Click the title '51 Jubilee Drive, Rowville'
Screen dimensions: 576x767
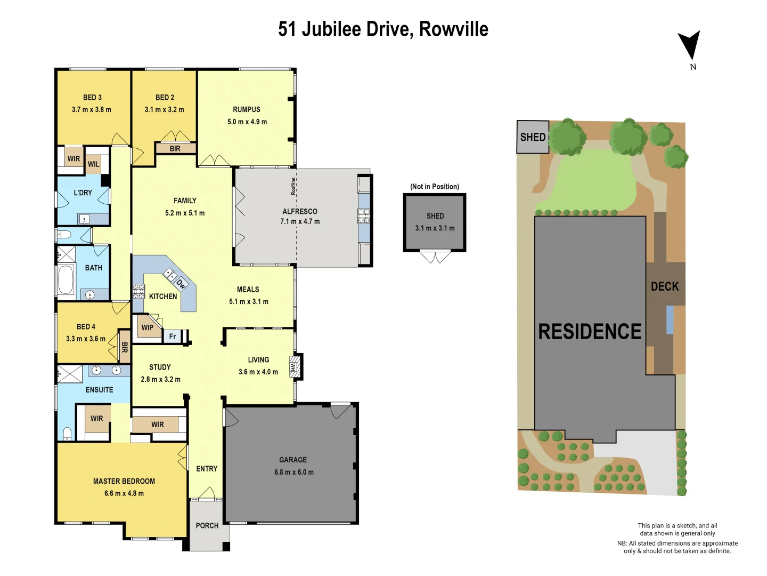click(x=383, y=29)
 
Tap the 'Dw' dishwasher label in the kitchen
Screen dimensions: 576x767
click(x=181, y=284)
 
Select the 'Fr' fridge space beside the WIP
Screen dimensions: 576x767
click(x=173, y=337)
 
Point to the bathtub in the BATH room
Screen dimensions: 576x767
click(x=66, y=279)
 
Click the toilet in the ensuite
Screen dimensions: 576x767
click(x=67, y=433)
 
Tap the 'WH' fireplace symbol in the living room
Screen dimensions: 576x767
click(x=295, y=366)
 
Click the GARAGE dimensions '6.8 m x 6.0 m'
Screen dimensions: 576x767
click(x=293, y=472)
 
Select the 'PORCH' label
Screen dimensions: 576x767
click(x=207, y=525)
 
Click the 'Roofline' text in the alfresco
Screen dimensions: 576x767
click(x=293, y=186)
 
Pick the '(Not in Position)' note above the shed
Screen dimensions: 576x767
click(x=434, y=187)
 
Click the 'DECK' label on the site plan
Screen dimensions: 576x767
click(x=665, y=286)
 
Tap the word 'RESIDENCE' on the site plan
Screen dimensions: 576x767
click(x=590, y=332)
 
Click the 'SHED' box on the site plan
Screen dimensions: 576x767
click(x=533, y=137)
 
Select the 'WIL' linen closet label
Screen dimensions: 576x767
click(x=94, y=164)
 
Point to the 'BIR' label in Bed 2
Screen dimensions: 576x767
click(x=175, y=149)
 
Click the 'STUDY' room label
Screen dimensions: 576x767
click(x=160, y=367)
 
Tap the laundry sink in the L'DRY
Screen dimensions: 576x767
click(x=84, y=219)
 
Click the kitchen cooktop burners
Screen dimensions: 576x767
click(x=138, y=291)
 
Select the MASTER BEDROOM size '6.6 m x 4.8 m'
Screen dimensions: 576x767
click(x=124, y=493)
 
